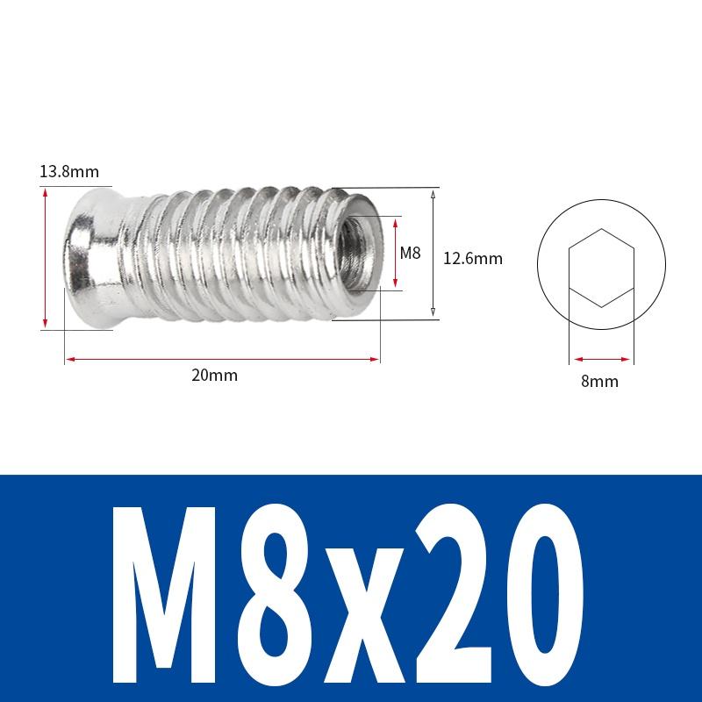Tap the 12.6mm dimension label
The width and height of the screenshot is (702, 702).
[x=472, y=258]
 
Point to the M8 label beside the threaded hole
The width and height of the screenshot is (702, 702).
[x=411, y=254]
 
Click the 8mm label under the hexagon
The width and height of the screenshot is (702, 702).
[x=601, y=381]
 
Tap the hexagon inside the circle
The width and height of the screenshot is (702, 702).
[x=601, y=268]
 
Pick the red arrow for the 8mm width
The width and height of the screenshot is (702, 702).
[x=601, y=358]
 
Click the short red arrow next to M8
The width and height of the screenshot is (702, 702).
[x=396, y=254]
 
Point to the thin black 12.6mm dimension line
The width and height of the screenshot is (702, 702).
[x=433, y=254]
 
